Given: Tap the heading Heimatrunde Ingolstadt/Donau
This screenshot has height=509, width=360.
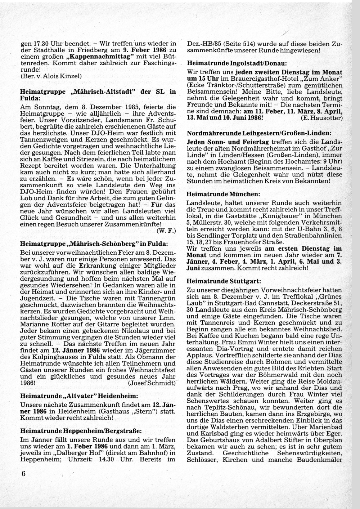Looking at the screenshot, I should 235,62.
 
